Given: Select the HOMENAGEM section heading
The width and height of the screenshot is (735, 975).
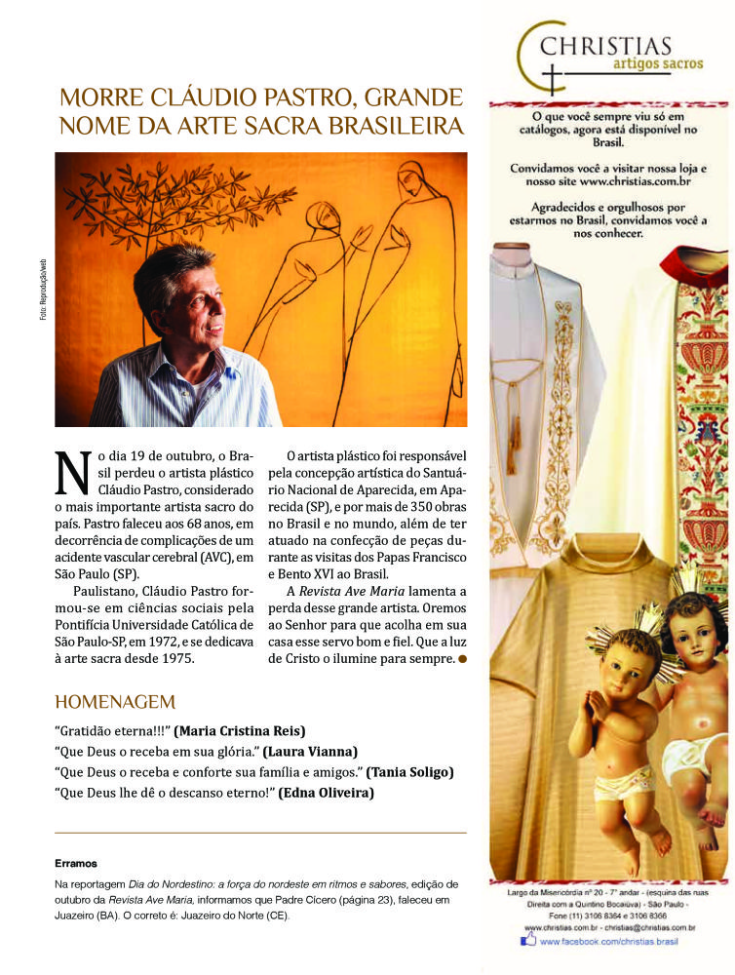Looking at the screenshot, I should [x=115, y=702].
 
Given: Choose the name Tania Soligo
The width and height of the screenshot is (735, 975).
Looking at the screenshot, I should [x=410, y=772].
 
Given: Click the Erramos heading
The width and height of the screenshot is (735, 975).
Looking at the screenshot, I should [x=76, y=863].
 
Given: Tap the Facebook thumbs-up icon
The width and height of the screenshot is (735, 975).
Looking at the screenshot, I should [x=528, y=941].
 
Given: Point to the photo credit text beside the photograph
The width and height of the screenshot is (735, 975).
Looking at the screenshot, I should [x=43, y=292].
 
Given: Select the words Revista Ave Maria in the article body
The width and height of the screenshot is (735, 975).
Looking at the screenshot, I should [x=360, y=592].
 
